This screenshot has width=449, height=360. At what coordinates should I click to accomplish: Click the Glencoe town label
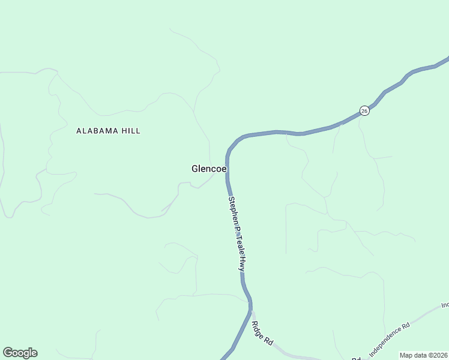tap(209, 169)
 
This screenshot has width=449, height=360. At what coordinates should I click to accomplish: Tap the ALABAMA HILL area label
tap(108, 131)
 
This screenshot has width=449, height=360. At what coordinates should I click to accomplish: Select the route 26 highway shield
tap(364, 110)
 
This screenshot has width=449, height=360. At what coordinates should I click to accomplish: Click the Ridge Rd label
tap(262, 333)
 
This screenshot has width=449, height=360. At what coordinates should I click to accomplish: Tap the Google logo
tap(20, 353)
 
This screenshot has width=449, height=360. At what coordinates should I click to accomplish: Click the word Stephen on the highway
tap(231, 209)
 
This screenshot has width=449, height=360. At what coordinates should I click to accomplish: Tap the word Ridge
tap(258, 329)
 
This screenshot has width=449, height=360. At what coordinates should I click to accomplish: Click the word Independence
tap(386, 342)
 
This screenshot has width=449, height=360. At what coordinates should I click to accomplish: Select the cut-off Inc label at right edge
tap(445, 304)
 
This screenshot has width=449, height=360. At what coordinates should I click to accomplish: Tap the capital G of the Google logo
tap(7, 353)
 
